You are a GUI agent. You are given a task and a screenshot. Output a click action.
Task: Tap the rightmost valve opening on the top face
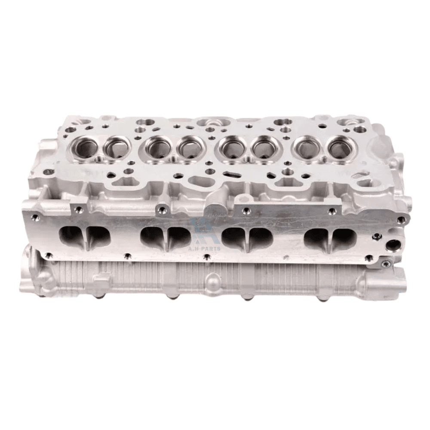(340, 148)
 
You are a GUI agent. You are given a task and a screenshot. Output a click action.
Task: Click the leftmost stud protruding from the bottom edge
(97, 298)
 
